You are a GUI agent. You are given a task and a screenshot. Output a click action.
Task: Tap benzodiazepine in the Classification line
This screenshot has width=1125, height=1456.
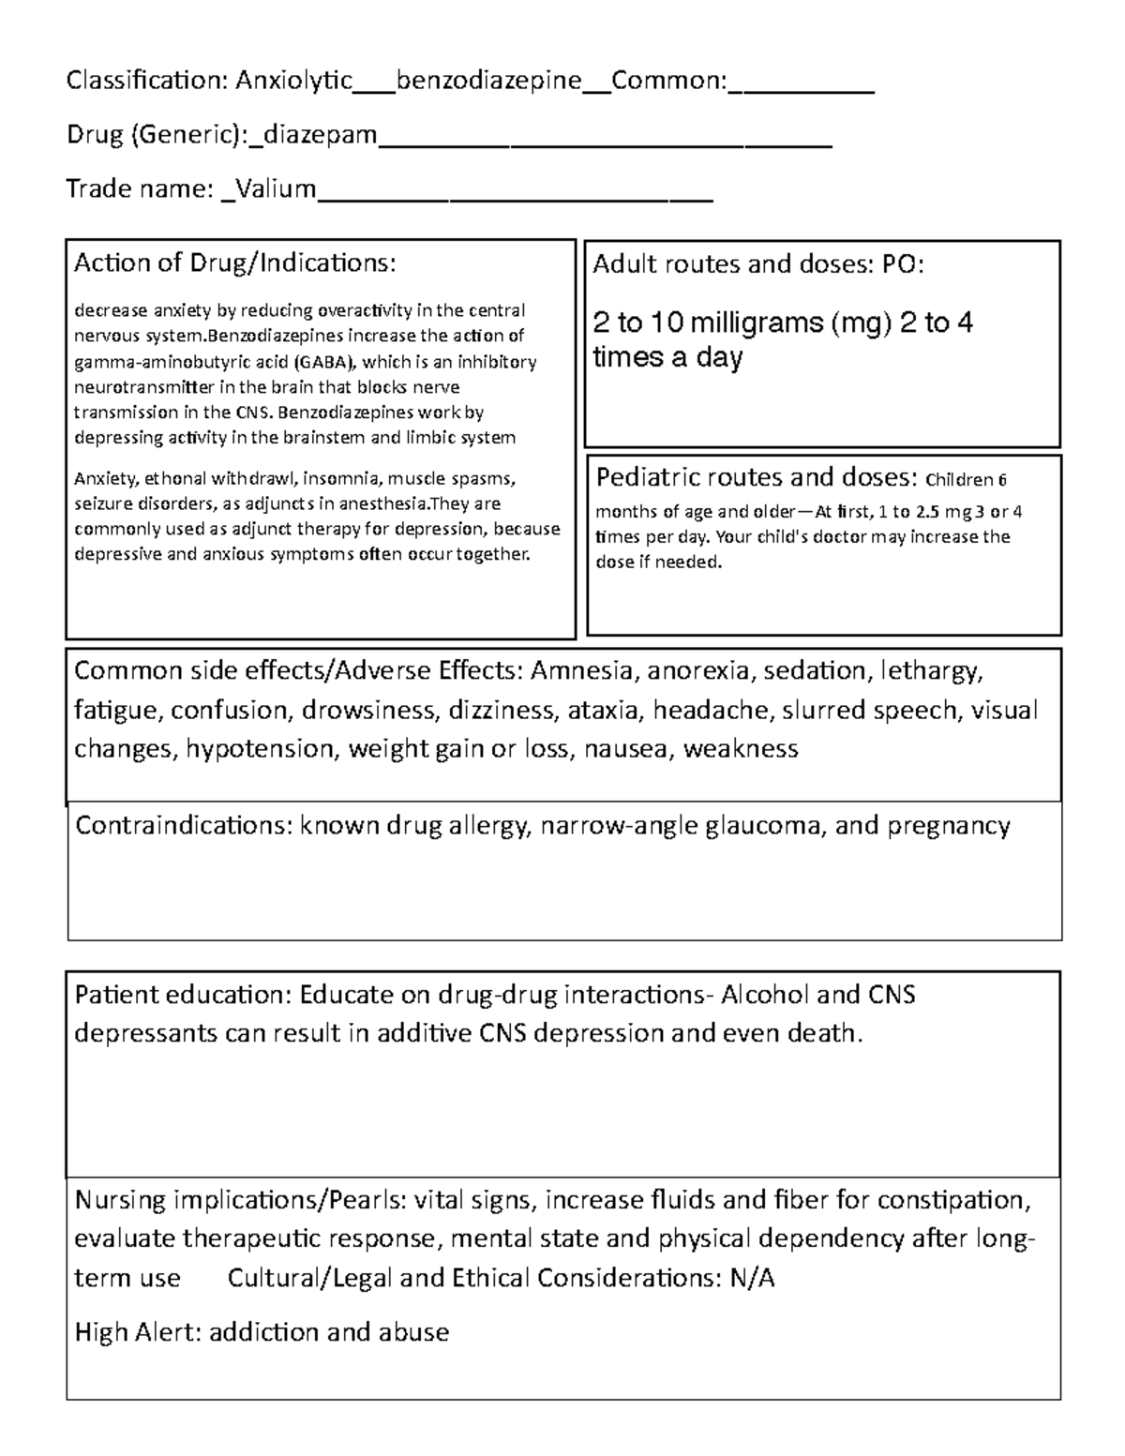pos(488,82)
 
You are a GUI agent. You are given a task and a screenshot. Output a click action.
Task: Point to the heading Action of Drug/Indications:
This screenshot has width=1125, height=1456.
pos(234,263)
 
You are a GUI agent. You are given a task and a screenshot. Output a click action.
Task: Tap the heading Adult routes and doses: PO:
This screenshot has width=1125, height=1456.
pos(758,265)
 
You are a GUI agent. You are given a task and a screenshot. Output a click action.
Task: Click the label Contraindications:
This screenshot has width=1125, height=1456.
pos(183,826)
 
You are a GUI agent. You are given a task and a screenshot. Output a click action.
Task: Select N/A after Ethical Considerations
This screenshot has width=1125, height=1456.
pos(752,1278)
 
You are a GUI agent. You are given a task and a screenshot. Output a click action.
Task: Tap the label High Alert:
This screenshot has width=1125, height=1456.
pos(138,1332)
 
